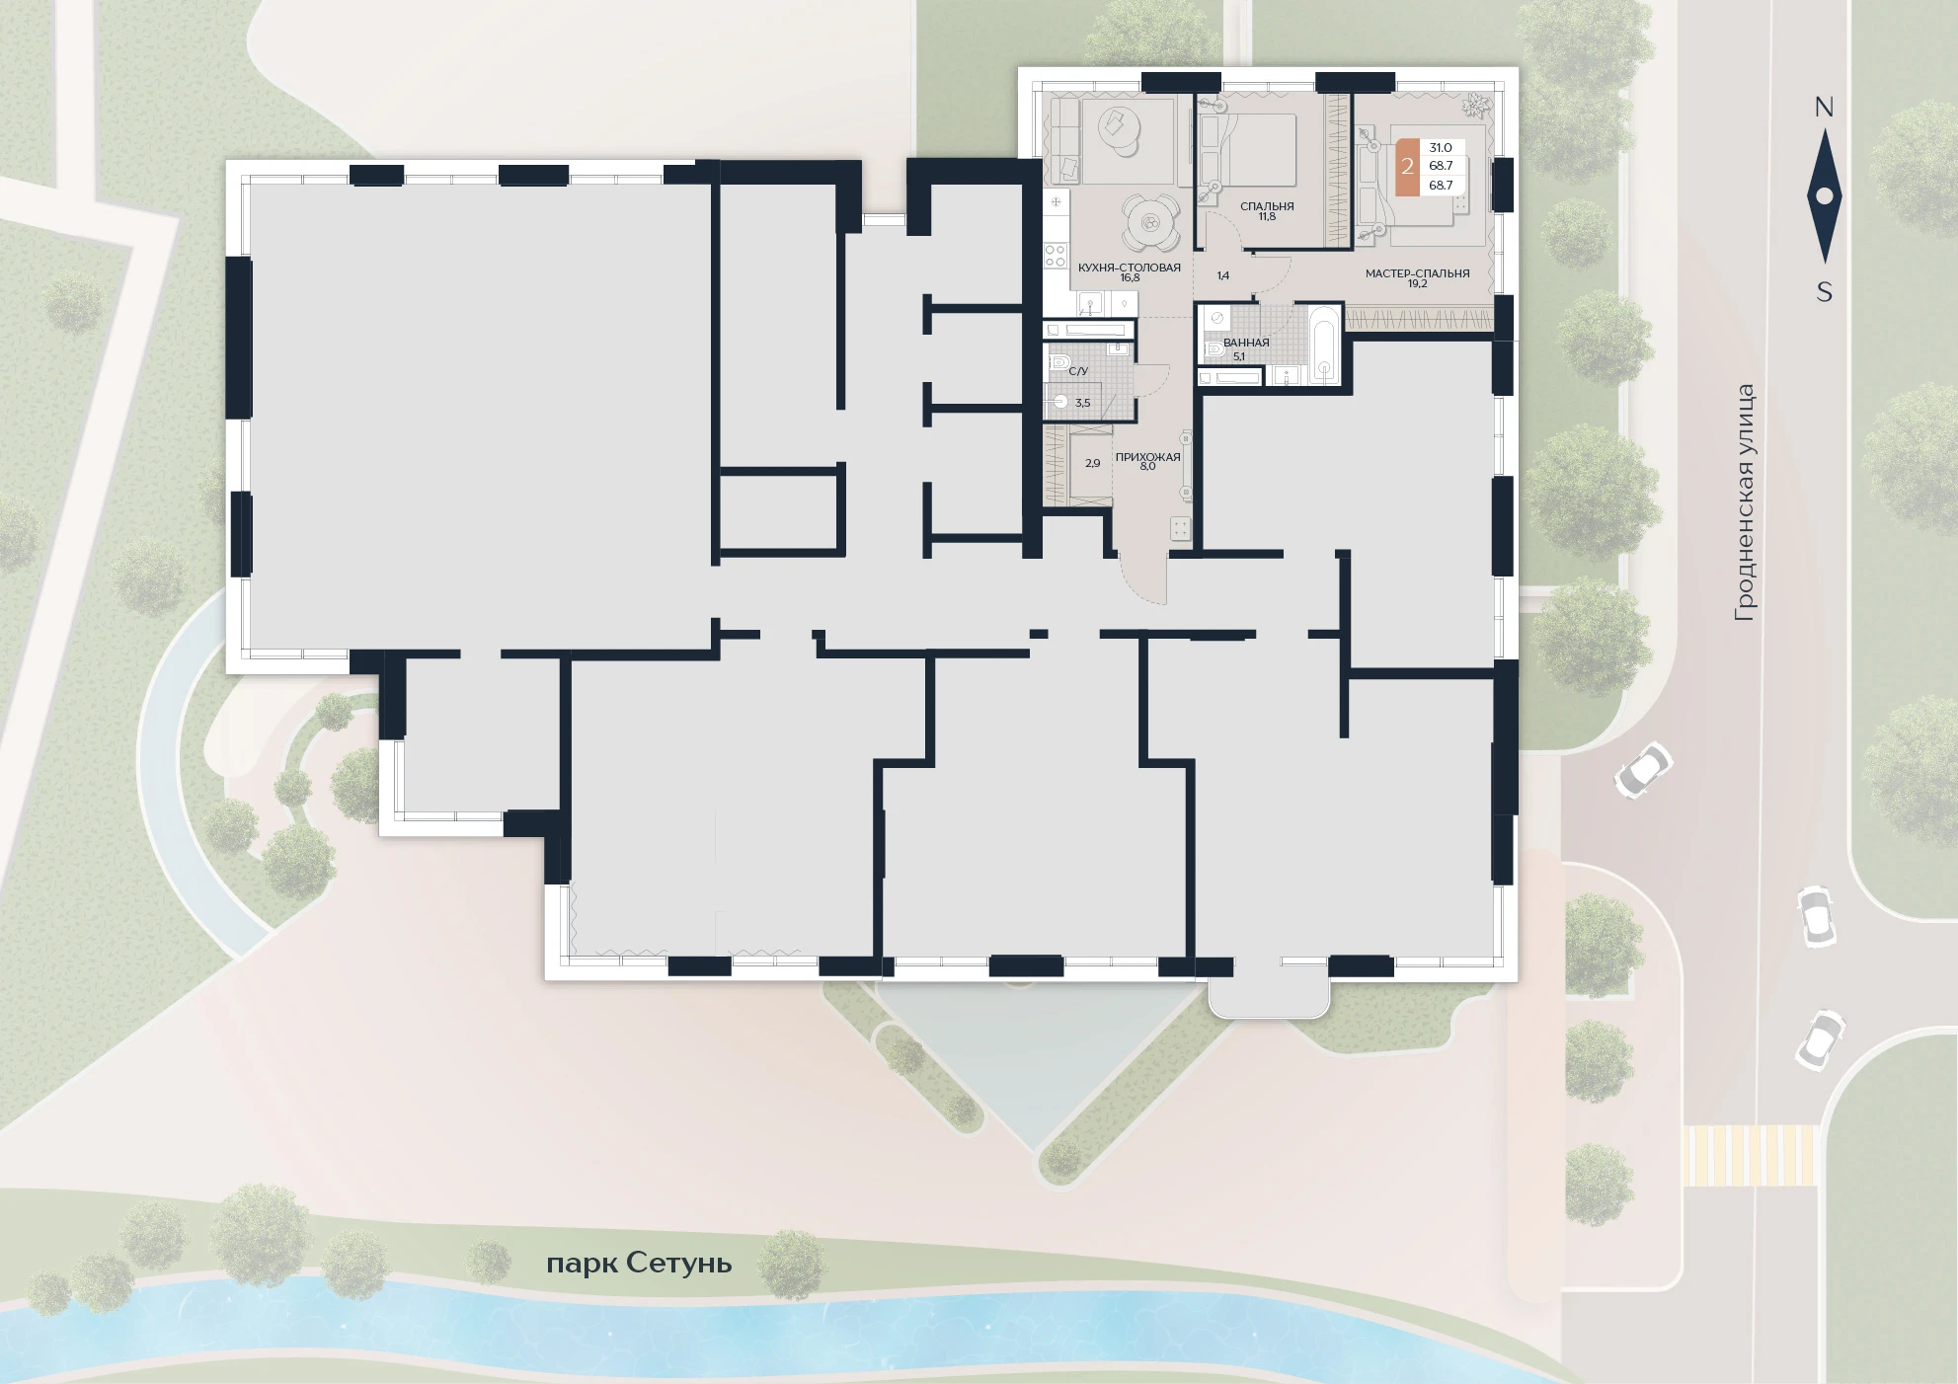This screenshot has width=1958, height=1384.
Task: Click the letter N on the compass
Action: (1824, 107)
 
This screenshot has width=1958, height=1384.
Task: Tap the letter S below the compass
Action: (1825, 292)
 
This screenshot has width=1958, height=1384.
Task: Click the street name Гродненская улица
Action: (1745, 502)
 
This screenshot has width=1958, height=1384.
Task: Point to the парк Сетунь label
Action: (639, 1264)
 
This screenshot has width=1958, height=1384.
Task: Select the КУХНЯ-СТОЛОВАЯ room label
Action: (1130, 268)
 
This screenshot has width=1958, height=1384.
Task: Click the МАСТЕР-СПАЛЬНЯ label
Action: (1417, 273)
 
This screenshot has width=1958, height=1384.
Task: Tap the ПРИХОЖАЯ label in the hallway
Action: (1147, 457)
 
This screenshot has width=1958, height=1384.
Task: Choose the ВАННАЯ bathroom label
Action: (1246, 343)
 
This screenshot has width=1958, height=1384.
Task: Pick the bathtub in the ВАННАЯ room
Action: (1323, 346)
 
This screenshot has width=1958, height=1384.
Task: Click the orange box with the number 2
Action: (1407, 167)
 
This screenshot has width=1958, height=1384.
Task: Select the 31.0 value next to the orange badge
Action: (1441, 148)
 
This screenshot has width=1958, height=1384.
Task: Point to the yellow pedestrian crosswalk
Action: (1750, 1155)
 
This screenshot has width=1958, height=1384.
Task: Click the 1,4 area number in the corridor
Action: (1222, 276)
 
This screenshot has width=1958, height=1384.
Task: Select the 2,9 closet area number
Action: (1093, 463)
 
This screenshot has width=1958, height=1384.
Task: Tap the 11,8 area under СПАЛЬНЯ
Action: (1267, 216)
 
